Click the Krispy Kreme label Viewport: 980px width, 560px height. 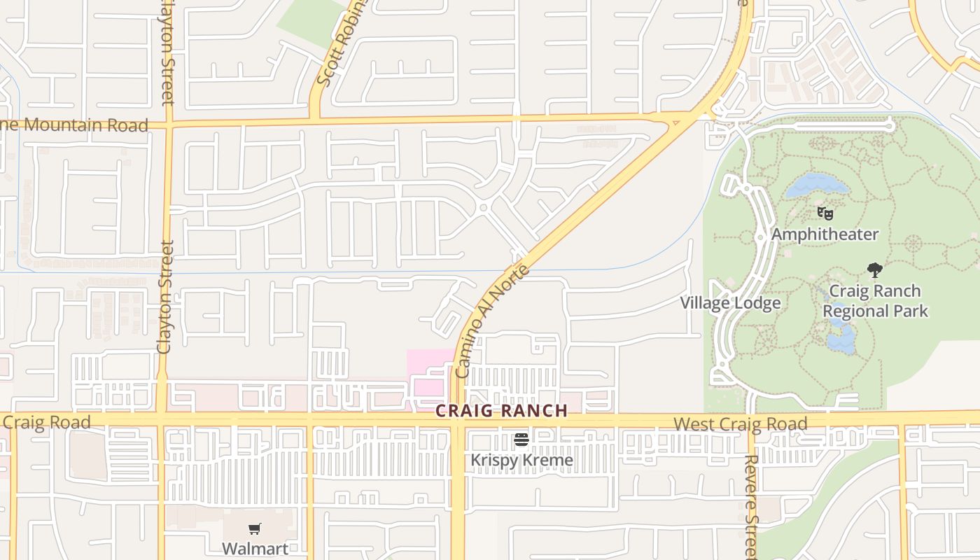521,460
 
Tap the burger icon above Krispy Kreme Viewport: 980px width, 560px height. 521,440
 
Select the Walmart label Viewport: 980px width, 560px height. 255,548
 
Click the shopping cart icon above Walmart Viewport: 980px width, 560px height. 255,529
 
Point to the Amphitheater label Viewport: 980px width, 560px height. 825,234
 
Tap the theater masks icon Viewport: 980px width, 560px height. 825,213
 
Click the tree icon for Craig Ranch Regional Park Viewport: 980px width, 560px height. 874,269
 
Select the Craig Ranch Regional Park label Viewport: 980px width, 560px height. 875,301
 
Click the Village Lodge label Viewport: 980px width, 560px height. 731,303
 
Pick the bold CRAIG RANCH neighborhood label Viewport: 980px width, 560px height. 502,411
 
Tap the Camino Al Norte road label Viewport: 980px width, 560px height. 492,321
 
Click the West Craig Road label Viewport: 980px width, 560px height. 741,423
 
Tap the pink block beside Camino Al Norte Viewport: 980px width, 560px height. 428,371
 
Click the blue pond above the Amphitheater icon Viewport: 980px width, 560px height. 816,185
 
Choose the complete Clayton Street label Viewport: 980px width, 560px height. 165,297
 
